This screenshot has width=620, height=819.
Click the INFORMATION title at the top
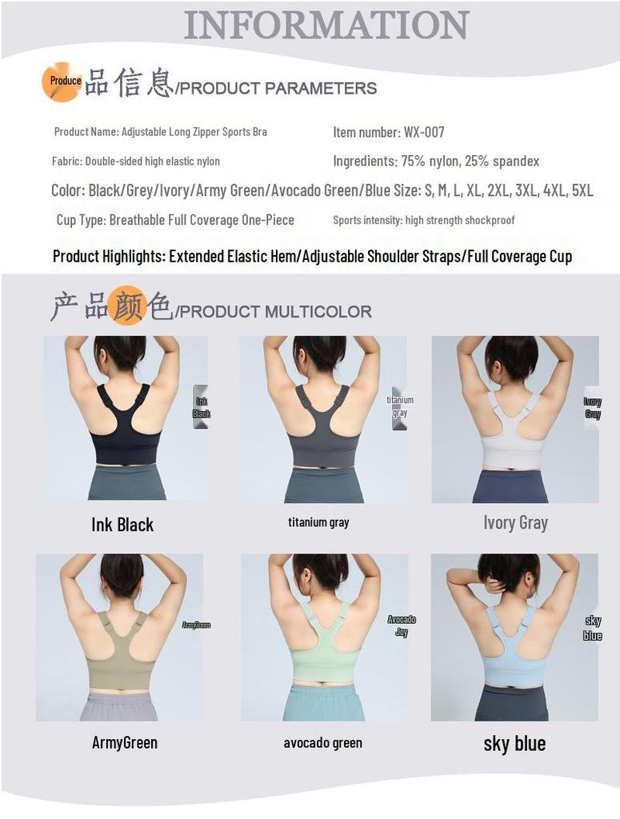[x=326, y=25]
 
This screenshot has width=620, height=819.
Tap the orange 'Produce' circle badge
[x=62, y=82]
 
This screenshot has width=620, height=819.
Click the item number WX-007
[x=389, y=132]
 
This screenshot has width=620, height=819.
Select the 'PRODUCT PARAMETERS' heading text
[x=277, y=88]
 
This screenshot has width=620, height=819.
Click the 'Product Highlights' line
[x=312, y=257]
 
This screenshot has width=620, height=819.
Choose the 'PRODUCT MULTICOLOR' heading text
[x=274, y=311]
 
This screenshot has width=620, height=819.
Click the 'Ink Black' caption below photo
[x=122, y=525]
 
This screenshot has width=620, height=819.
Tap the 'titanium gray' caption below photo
[x=318, y=522]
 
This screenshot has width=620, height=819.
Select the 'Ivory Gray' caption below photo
[x=515, y=523]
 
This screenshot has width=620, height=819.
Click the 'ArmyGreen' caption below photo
[x=125, y=742]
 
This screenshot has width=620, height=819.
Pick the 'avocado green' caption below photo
[x=322, y=743]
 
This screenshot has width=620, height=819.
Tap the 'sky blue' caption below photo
[x=514, y=744]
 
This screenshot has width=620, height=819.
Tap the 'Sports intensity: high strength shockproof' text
[x=424, y=220]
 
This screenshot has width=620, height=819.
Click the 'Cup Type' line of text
[x=175, y=220]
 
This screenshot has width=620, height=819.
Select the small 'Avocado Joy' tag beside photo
[x=402, y=625]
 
